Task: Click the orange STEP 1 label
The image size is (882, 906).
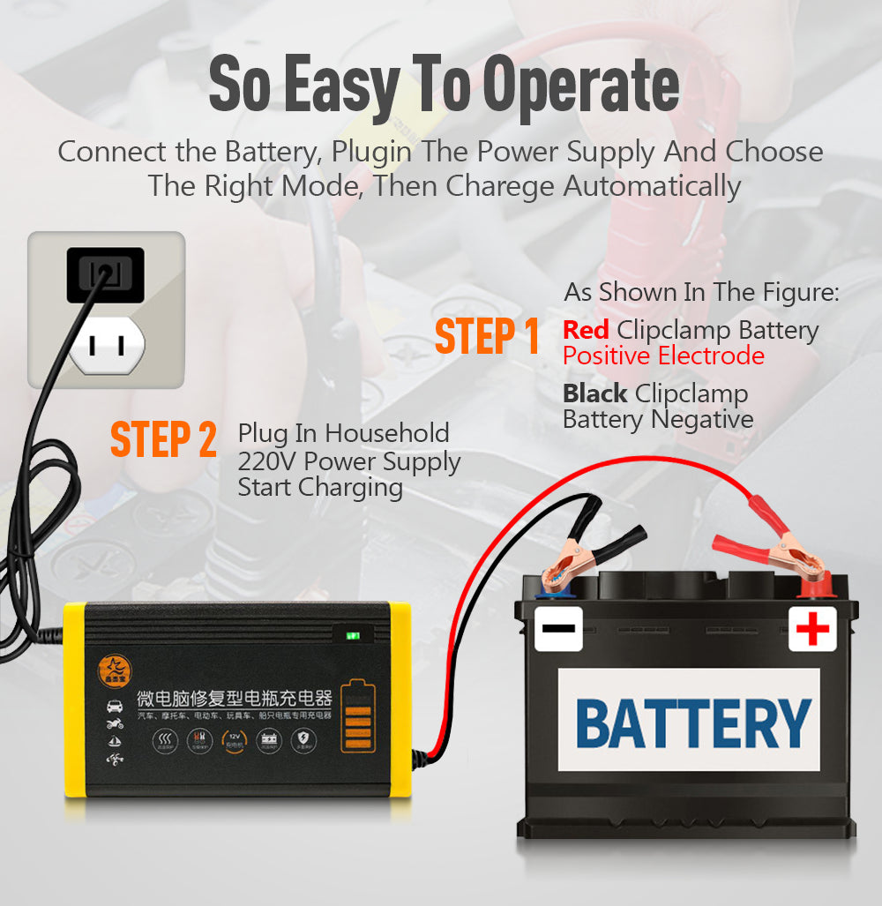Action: (487, 337)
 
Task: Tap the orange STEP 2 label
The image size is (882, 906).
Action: (163, 439)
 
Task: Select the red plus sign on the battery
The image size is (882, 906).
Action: (812, 628)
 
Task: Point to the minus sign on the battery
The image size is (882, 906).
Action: (558, 629)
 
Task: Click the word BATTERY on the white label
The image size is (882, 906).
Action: (692, 723)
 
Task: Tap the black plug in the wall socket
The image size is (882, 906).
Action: (105, 274)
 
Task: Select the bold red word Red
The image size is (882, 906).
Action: (586, 331)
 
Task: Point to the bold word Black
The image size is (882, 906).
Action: (595, 393)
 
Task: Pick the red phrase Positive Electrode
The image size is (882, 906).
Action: (663, 356)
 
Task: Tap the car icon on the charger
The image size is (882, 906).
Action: (115, 706)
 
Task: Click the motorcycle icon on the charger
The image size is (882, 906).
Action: (115, 724)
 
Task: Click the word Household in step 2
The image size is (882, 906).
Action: (387, 434)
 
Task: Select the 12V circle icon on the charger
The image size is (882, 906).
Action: (234, 739)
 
